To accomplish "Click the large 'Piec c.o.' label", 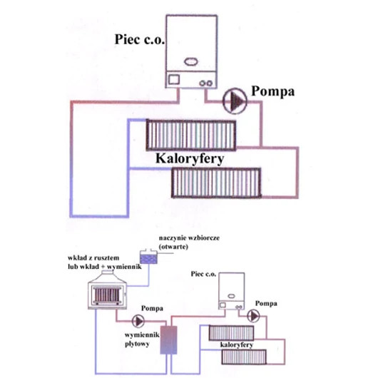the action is pyautogui.click(x=140, y=39).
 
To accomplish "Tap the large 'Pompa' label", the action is pyautogui.click(x=273, y=91).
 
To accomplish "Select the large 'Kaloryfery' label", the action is pyautogui.click(x=190, y=159).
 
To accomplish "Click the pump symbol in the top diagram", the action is pyautogui.click(x=235, y=101).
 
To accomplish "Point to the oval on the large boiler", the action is pyautogui.click(x=191, y=62).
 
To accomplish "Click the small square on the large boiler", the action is pyautogui.click(x=174, y=80).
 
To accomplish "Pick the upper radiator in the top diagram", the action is pyautogui.click(x=191, y=136).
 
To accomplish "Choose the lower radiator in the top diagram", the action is pyautogui.click(x=216, y=183).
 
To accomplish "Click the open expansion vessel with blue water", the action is pyautogui.click(x=149, y=257).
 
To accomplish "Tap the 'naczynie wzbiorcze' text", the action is pyautogui.click(x=189, y=238).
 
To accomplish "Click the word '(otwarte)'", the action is pyautogui.click(x=173, y=247).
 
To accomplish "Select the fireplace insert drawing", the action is pyautogui.click(x=107, y=290).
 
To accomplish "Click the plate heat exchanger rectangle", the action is pyautogui.click(x=169, y=340).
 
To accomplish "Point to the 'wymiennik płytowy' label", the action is pyautogui.click(x=142, y=339).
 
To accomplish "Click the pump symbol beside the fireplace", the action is pyautogui.click(x=138, y=321).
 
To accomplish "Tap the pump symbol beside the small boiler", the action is pyautogui.click(x=253, y=316).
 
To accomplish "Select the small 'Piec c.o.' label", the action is pyautogui.click(x=203, y=274).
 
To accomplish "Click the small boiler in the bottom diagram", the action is pyautogui.click(x=231, y=291).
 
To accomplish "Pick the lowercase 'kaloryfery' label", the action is pyautogui.click(x=237, y=345).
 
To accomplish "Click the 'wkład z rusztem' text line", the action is pyautogui.click(x=93, y=258).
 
